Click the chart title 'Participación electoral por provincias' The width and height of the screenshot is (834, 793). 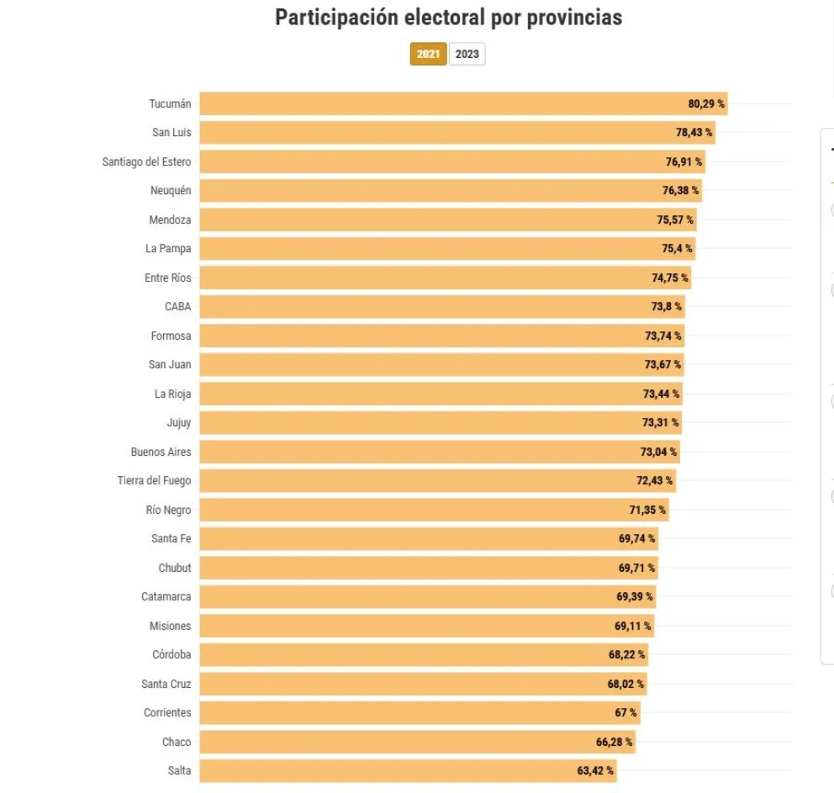[449, 18]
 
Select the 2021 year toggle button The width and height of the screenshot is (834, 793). [428, 55]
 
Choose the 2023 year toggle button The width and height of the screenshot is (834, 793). [467, 55]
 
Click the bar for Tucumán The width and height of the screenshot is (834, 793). [437, 103]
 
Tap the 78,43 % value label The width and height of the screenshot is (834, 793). [694, 133]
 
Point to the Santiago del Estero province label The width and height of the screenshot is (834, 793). [146, 161]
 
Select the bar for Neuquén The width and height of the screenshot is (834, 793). [420, 191]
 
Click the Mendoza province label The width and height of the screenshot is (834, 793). [170, 219]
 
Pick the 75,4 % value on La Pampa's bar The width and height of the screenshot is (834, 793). [677, 249]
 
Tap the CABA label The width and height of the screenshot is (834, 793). [177, 307]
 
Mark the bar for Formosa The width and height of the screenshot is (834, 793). [412, 336]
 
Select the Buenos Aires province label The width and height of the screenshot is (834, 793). [161, 452]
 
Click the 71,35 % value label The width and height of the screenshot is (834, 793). [648, 510]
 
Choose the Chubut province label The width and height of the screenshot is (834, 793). [175, 568]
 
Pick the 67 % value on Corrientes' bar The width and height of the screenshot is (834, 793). [625, 713]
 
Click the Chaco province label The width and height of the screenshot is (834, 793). [177, 742]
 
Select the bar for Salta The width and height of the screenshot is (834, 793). [378, 770]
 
